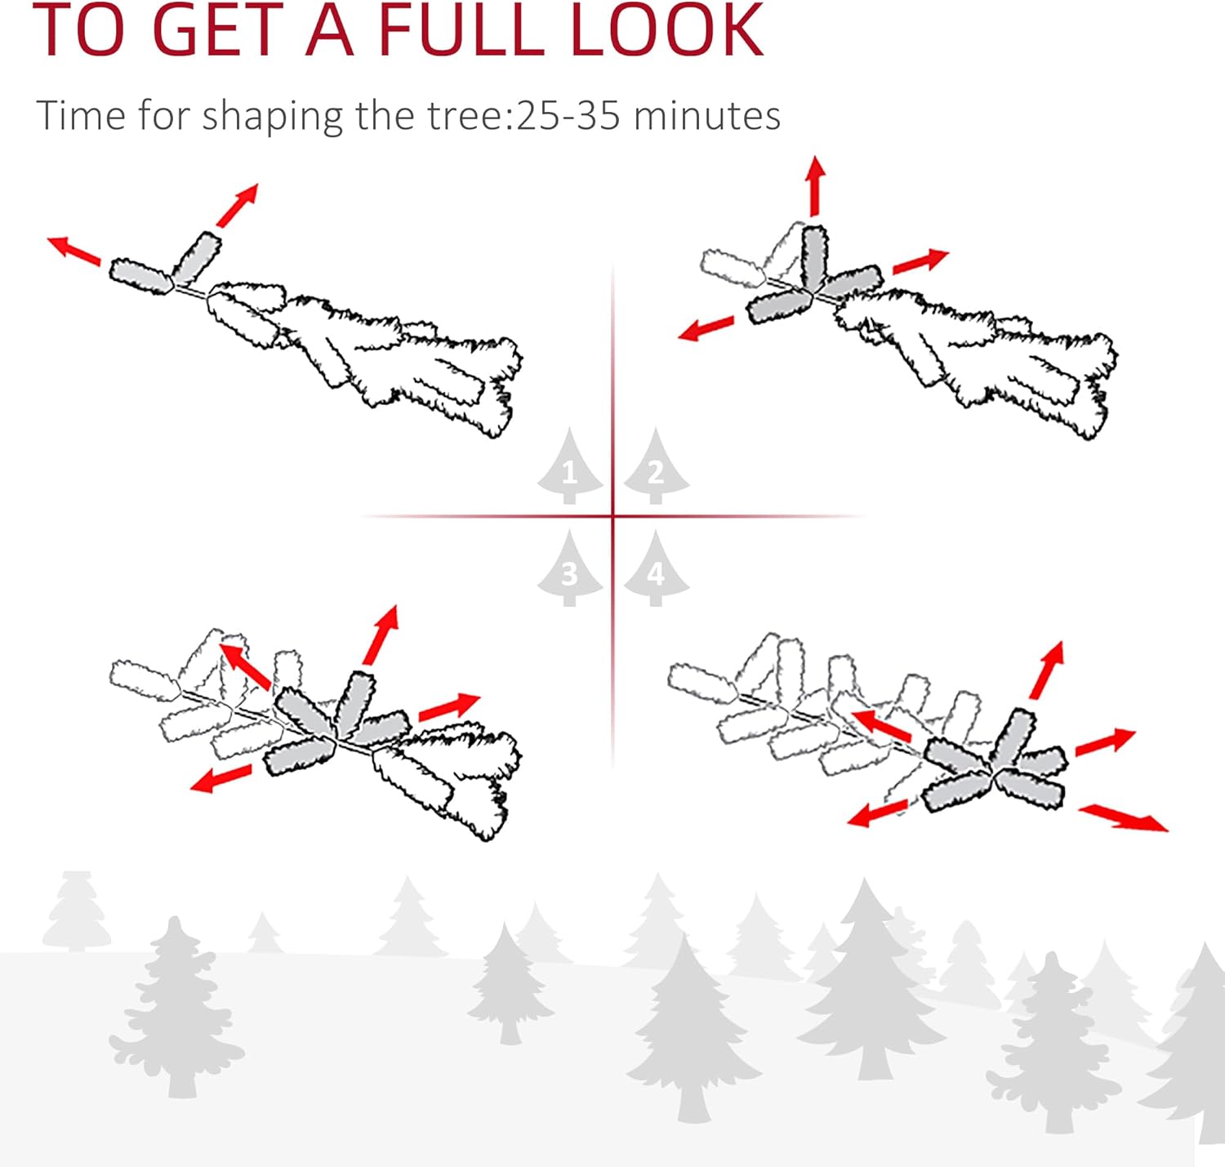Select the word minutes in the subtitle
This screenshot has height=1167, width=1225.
pos(706,115)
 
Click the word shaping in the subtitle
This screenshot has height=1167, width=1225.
pos(273,117)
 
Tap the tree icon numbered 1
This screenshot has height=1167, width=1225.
pos(569,465)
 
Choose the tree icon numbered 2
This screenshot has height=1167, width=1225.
pos(656,465)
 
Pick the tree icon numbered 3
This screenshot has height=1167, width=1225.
pos(569,568)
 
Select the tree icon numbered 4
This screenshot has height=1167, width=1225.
pos(656,568)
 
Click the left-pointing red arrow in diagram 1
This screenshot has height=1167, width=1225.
pos(74,251)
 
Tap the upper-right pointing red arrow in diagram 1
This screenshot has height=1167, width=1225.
pos(237,206)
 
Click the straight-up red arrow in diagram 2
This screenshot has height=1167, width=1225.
pos(814,185)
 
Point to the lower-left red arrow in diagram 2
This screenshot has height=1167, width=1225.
pos(706,328)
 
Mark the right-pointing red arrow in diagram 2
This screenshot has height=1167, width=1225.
pos(920,261)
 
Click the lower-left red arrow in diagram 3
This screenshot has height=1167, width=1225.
pos(220,779)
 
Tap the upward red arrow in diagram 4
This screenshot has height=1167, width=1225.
pos(1046,670)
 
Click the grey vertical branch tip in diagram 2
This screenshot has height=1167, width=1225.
pos(814,256)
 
